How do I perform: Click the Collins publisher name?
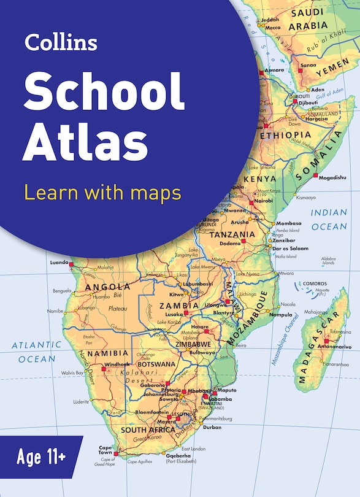[61, 42]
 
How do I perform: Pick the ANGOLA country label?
[108, 287]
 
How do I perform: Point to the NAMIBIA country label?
[107, 353]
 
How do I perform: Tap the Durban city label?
[212, 427]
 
